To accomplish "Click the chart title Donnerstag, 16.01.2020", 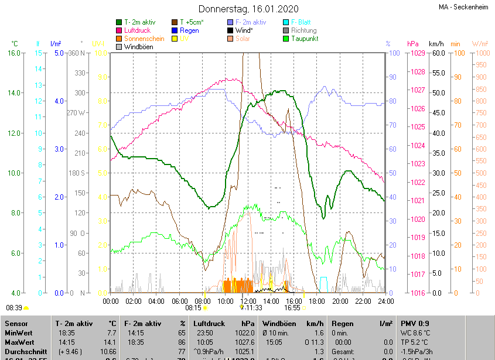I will tap(248, 9).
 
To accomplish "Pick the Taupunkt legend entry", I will tap(305, 39).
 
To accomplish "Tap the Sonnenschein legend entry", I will tap(144, 39).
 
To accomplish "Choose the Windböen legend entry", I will tap(139, 47).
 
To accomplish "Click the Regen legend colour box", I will tap(175, 30).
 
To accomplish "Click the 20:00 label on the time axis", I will tap(340, 301).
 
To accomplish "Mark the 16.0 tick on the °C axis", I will tap(15, 53).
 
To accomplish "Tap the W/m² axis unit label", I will tap(480, 44).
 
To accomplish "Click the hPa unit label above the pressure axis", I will tap(413, 44).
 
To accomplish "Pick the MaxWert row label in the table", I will tap(18, 342).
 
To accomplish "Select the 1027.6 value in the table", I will tap(245, 342).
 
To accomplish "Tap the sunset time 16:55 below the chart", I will tap(292, 307).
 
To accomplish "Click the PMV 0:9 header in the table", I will tap(415, 323).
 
